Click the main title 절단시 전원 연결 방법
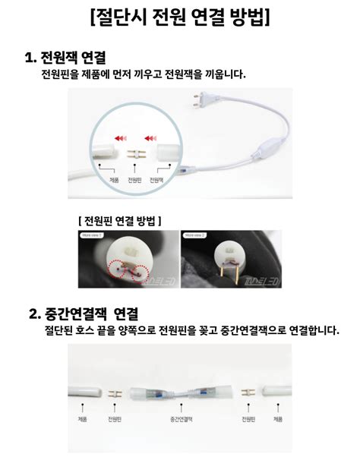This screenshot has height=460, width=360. pos(179,17)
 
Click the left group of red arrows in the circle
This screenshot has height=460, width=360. pos(121,137)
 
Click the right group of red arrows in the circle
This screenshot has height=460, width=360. pos(151,137)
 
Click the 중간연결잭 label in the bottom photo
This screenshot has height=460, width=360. pos(181,419)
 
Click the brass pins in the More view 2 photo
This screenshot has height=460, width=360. pos(225,272)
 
